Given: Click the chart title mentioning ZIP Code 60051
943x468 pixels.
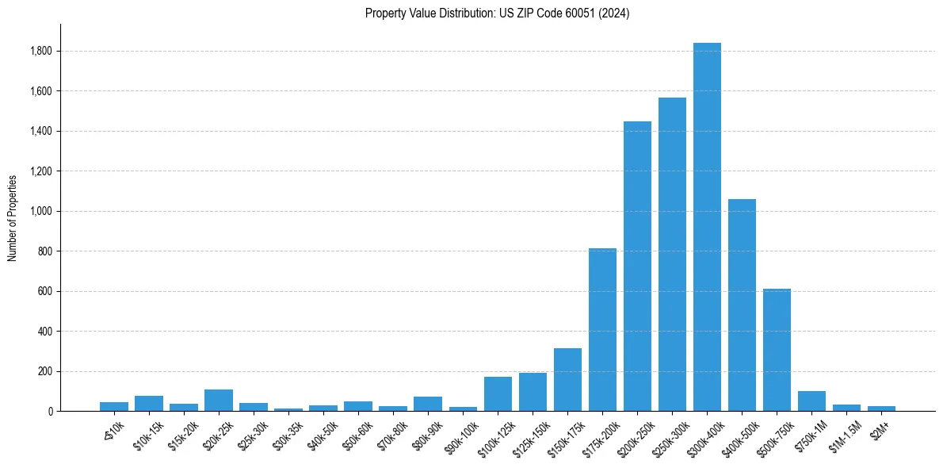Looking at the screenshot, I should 497,13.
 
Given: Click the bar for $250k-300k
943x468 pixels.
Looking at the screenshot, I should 672,254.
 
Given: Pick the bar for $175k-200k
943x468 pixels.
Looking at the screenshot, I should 602,329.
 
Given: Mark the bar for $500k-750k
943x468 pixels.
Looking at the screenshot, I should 777,350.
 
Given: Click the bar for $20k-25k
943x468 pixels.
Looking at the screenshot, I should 218,400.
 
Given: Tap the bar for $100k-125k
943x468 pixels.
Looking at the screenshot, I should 498,393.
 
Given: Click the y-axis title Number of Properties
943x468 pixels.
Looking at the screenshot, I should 13,217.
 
